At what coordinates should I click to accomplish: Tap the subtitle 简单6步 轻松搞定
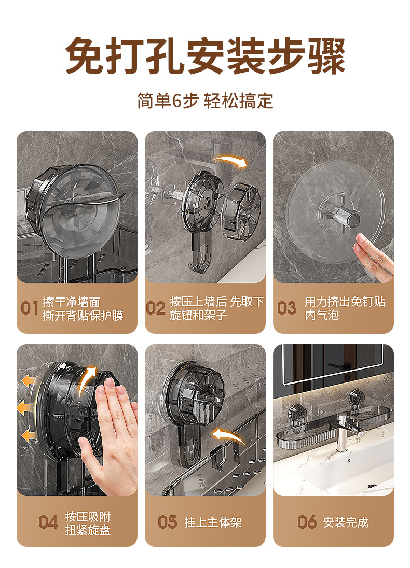205,101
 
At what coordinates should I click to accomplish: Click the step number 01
30,308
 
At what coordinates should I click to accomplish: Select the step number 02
156,308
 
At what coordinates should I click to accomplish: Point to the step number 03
286,308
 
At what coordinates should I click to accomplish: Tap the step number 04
48,522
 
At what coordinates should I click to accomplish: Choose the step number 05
167,522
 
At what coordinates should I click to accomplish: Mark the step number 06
307,522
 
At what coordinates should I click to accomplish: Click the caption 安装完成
346,522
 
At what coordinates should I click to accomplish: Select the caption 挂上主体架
213,522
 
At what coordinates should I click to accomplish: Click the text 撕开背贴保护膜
83,316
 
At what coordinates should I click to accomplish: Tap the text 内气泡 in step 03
322,315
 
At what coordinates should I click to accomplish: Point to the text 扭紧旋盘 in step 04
88,530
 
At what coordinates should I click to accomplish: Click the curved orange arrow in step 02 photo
231,161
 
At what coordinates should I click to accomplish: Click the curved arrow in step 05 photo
228,434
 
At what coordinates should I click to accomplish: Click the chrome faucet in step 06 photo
343,432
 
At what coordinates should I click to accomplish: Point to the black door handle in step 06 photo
339,366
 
